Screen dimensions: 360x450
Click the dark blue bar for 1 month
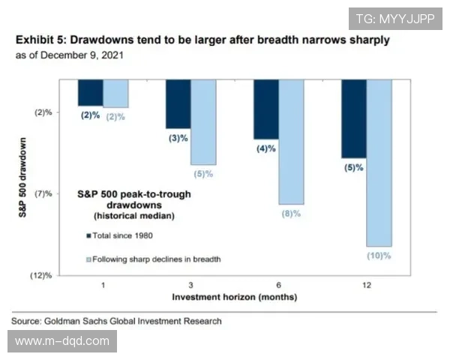pos(91,93)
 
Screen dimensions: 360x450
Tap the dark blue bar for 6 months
pos(266,109)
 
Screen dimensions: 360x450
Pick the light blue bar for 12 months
pos(379,163)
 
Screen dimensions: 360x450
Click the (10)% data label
pos(379,256)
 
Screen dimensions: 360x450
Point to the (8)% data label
pos(290,214)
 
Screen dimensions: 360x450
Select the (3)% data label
pos(178,138)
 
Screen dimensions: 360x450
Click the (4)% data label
pos(266,148)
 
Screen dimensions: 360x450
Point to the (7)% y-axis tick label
pos(43,193)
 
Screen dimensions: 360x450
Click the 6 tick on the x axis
pos(278,286)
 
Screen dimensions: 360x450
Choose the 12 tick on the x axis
pos(367,286)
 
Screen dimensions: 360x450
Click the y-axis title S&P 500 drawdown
pos(22,177)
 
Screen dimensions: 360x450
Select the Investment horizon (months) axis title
pos(235,297)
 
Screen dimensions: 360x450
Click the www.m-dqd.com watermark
pos(62,341)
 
